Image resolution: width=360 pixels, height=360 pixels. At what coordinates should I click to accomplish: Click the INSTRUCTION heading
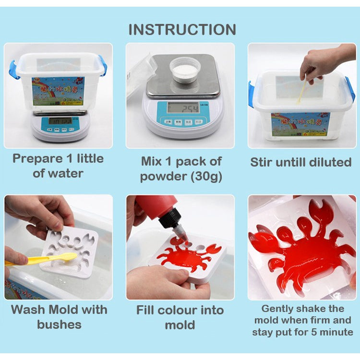pos(182,29)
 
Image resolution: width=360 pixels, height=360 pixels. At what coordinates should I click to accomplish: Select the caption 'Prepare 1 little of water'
pos(58,166)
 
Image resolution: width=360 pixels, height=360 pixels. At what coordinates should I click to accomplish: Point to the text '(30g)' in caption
pos(206,176)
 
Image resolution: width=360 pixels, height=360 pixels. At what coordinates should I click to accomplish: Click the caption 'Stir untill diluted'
pos(300,162)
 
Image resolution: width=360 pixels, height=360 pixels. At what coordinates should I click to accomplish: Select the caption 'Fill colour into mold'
pos(180,317)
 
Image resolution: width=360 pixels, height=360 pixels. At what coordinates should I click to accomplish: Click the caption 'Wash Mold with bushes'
pos(59,317)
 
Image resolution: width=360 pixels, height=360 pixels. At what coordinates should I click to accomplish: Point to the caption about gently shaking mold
pos(302,320)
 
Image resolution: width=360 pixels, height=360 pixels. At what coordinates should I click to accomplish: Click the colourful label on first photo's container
pos(58,91)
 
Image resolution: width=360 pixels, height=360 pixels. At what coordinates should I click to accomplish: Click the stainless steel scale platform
pos(182,77)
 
